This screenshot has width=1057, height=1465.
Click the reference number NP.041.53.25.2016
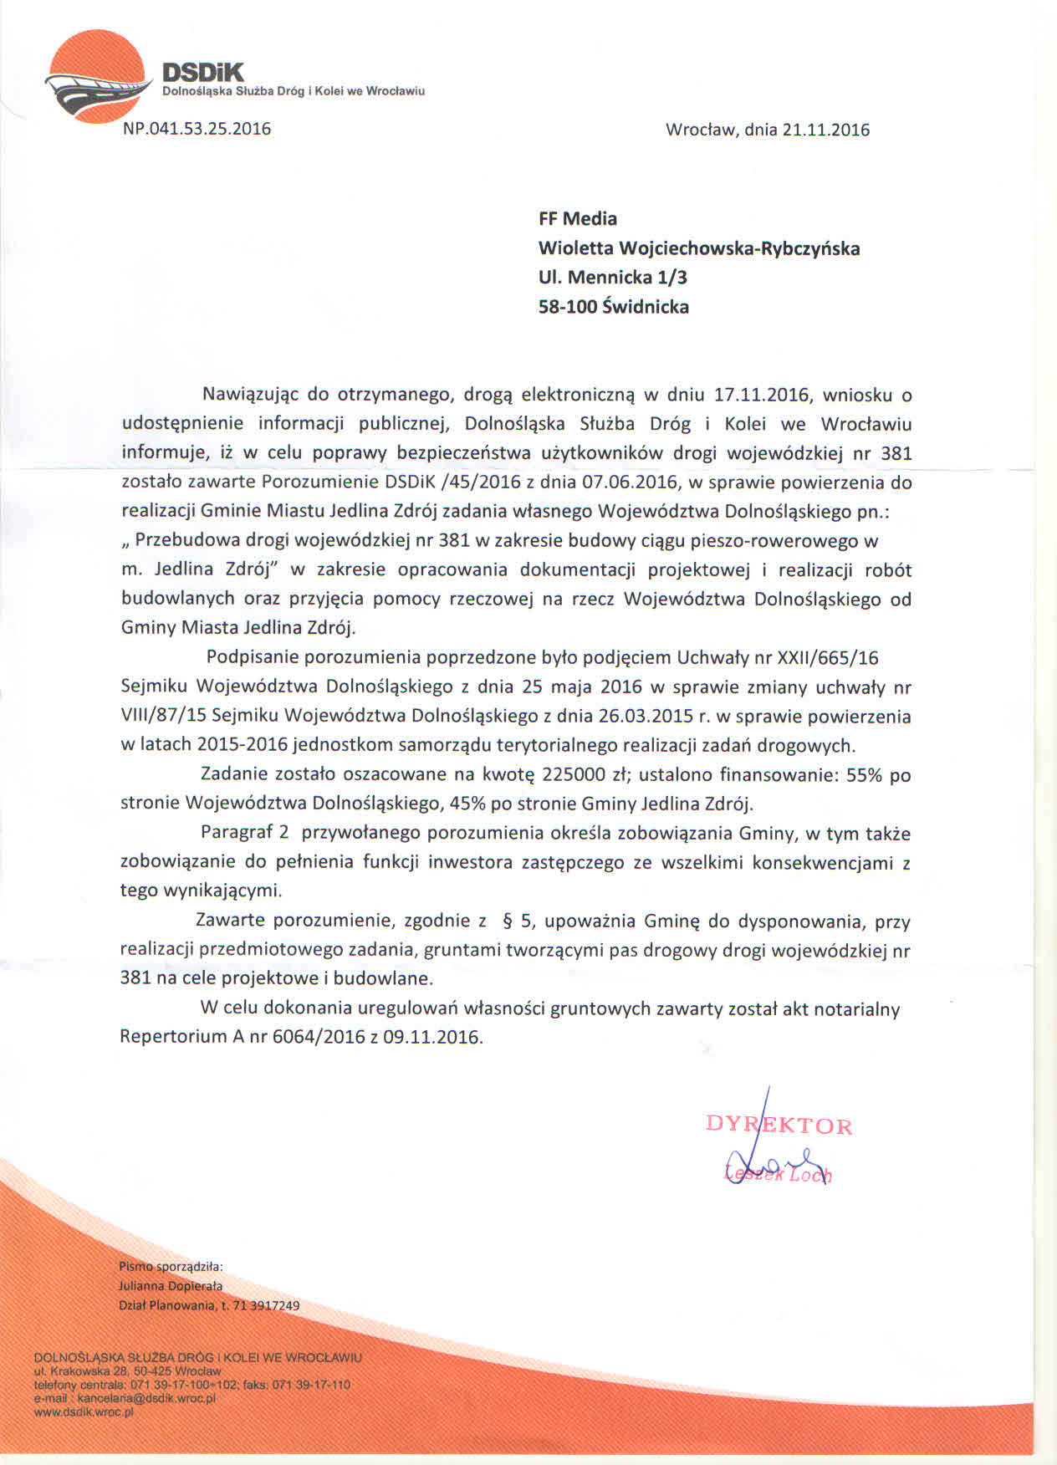pyautogui.click(x=197, y=129)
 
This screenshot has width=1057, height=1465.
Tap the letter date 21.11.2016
pyautogui.click(x=826, y=130)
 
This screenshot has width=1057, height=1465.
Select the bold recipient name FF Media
pyautogui.click(x=578, y=219)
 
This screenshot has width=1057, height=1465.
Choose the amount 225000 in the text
pyautogui.click(x=576, y=775)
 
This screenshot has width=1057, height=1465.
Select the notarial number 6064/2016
pyautogui.click(x=319, y=1038)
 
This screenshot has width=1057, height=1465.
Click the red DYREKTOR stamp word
pyautogui.click(x=779, y=1125)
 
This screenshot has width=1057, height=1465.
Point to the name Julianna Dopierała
pyautogui.click(x=171, y=1286)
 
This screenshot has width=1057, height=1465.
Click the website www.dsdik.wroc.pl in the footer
pyautogui.click(x=83, y=1412)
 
